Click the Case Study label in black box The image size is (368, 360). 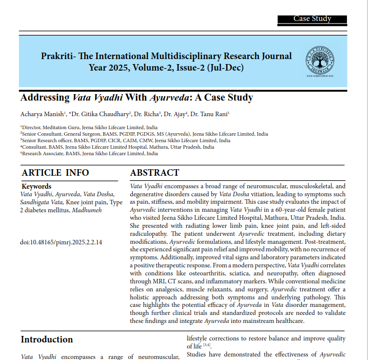click(312, 19)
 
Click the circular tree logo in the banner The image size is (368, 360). click(320, 61)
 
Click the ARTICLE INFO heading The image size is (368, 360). click(55, 173)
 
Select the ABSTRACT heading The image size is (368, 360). click(154, 173)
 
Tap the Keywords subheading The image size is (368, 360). click(37, 187)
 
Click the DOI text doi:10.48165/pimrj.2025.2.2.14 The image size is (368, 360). click(61, 243)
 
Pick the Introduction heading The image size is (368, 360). click(47, 339)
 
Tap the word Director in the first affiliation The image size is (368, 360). click(32, 128)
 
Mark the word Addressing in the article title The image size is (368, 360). click(45, 98)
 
